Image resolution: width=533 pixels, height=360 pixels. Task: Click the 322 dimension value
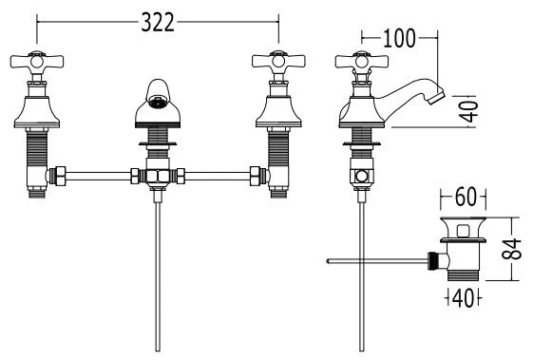(x=158, y=23)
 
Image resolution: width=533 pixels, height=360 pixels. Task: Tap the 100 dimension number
(x=399, y=38)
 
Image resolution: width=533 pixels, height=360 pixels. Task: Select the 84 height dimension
(x=512, y=249)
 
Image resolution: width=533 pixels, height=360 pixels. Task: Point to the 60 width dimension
(x=466, y=197)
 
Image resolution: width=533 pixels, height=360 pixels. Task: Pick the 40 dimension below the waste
(x=463, y=298)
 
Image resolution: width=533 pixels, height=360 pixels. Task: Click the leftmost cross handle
(x=37, y=62)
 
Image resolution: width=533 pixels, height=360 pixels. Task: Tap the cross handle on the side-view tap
(x=361, y=62)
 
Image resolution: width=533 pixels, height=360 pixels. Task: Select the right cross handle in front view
(x=278, y=62)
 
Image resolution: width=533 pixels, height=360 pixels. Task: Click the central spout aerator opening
(x=158, y=102)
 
